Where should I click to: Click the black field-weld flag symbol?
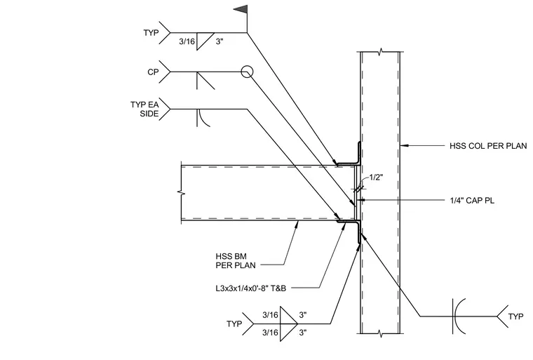click(241, 10)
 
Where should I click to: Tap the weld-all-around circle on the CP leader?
click(247, 72)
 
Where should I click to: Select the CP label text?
click(153, 72)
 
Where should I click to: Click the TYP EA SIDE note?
click(144, 109)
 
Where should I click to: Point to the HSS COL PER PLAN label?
click(488, 146)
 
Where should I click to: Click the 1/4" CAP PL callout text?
click(472, 201)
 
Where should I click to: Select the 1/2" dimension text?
click(377, 177)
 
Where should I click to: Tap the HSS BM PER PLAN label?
click(236, 260)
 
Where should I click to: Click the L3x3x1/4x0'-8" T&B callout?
click(251, 288)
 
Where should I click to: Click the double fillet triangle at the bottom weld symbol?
click(288, 324)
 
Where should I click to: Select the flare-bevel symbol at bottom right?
click(459, 316)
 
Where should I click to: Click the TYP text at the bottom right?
click(515, 316)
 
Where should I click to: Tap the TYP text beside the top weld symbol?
click(151, 33)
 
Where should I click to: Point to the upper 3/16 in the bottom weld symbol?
click(270, 315)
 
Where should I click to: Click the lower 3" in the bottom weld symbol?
click(303, 333)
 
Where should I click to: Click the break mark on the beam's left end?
click(182, 193)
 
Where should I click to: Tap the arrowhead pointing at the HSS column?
click(403, 146)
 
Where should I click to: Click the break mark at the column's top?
click(380, 52)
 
